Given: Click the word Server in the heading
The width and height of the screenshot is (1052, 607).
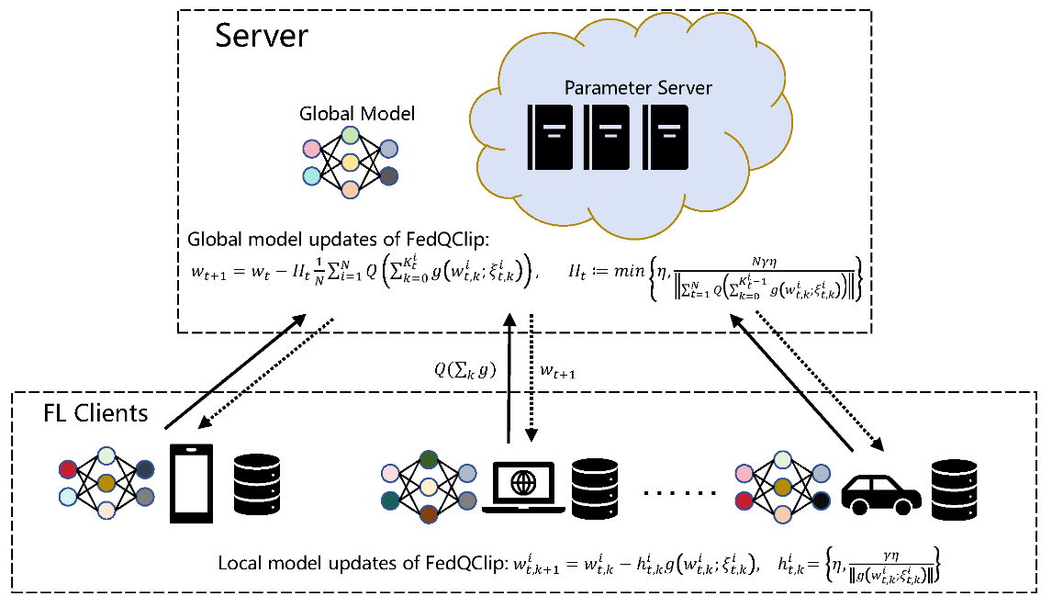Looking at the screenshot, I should pos(261,37).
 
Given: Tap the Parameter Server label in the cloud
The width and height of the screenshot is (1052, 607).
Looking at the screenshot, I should pos(638,88).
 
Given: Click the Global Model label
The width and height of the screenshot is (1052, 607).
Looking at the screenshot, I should pos(357,114).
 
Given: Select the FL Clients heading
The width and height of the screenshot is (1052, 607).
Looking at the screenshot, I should pos(95,412).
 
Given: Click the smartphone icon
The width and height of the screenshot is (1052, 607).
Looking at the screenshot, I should pos(191,484).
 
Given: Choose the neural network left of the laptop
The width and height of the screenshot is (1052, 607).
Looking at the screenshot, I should pos(429,486).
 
